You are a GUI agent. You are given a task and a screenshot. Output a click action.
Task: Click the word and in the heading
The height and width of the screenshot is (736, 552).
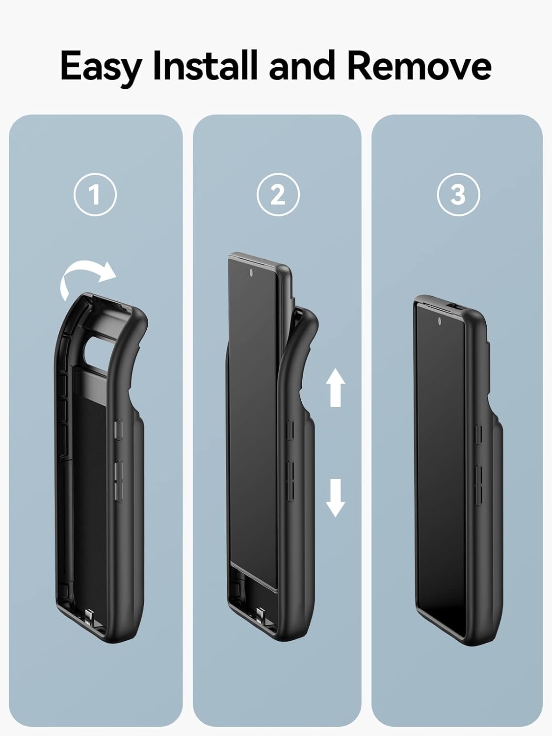(302, 65)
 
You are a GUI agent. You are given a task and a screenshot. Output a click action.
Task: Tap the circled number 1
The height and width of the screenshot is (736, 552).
(95, 194)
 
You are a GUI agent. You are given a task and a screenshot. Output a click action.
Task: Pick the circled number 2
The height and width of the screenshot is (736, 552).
(278, 194)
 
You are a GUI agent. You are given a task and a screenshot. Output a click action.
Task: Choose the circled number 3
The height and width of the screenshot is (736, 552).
(458, 194)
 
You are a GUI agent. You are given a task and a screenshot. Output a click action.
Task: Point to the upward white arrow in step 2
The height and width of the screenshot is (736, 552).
(336, 388)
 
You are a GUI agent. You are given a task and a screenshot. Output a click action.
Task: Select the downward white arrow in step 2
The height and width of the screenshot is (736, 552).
(336, 498)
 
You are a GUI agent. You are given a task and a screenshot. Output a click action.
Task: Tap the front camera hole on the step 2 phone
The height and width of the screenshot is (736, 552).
(251, 273)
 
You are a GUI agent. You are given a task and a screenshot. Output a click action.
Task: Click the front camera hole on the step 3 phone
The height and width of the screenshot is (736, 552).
(439, 321)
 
